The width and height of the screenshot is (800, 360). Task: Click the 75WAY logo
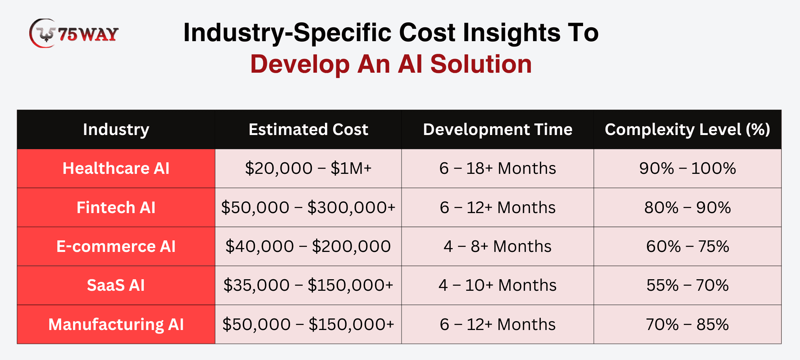(74, 33)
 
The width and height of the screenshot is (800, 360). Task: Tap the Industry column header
(116, 130)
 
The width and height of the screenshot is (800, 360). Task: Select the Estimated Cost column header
(308, 130)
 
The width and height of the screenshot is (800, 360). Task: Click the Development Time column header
(497, 130)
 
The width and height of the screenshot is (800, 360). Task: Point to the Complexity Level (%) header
(687, 130)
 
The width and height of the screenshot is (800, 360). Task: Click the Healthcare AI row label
(116, 168)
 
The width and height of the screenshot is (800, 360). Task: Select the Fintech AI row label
(116, 208)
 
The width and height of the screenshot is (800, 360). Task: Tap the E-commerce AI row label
(116, 247)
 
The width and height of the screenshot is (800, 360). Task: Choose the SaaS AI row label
(116, 285)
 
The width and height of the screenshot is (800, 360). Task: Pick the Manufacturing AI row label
(116, 325)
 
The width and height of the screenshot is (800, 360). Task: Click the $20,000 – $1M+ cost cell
(308, 168)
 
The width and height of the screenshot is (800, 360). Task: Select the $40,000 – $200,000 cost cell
(308, 247)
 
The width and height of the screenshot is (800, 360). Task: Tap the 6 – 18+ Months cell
(497, 168)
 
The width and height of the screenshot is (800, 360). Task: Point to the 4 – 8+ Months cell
(497, 247)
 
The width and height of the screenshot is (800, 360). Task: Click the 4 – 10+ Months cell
(497, 285)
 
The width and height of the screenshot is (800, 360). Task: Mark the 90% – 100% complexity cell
(687, 168)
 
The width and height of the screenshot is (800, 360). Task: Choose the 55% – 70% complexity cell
(687, 285)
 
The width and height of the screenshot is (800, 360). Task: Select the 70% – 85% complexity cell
(687, 325)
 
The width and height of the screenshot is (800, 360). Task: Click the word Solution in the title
(481, 64)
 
